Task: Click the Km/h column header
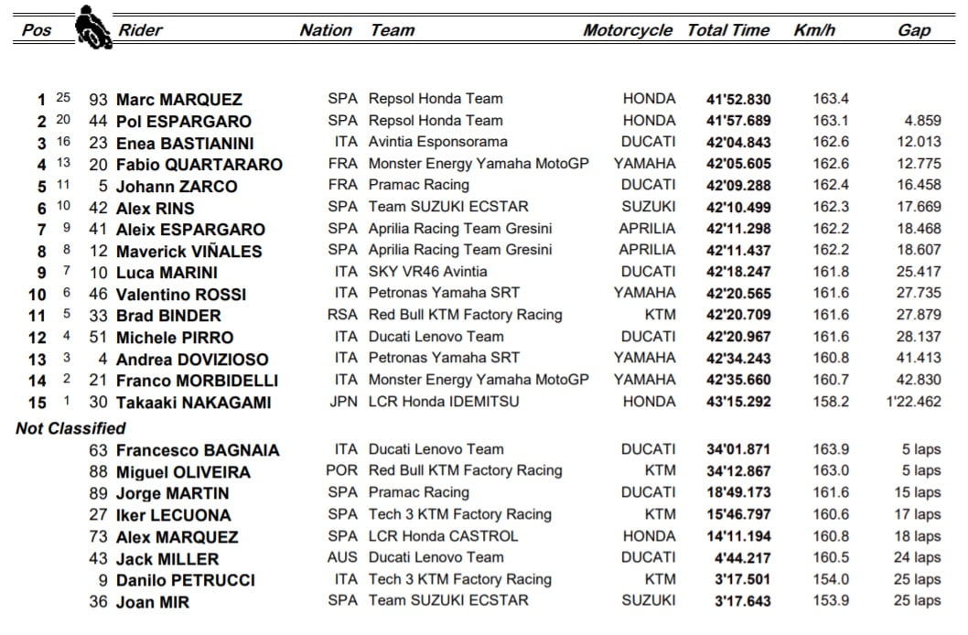point(814,30)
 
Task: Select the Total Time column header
point(728,30)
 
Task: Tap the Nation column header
point(326,30)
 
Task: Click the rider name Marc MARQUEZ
point(179,100)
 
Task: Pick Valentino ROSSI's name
point(181,295)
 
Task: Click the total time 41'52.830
point(738,100)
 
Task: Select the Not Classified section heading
point(70,427)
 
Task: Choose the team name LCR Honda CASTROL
point(443,536)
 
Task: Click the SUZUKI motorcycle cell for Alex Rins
point(649,208)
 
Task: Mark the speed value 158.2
point(831,402)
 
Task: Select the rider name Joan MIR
point(153,602)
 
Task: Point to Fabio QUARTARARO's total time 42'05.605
point(738,165)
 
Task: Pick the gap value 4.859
point(922,121)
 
